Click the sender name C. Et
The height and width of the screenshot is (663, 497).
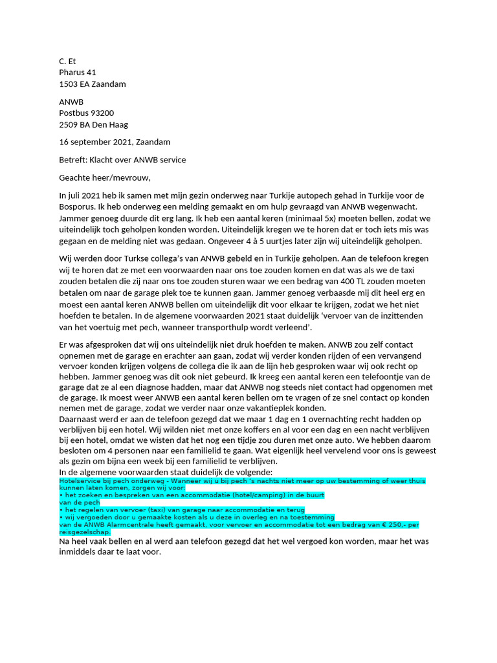click(67, 61)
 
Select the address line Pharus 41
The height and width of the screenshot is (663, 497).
click(78, 73)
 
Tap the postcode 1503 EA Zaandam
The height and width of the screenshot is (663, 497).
click(93, 84)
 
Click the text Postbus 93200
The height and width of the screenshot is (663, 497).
click(87, 113)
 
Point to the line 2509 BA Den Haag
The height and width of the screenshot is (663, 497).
click(93, 124)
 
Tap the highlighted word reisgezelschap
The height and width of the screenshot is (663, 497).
click(84, 532)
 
